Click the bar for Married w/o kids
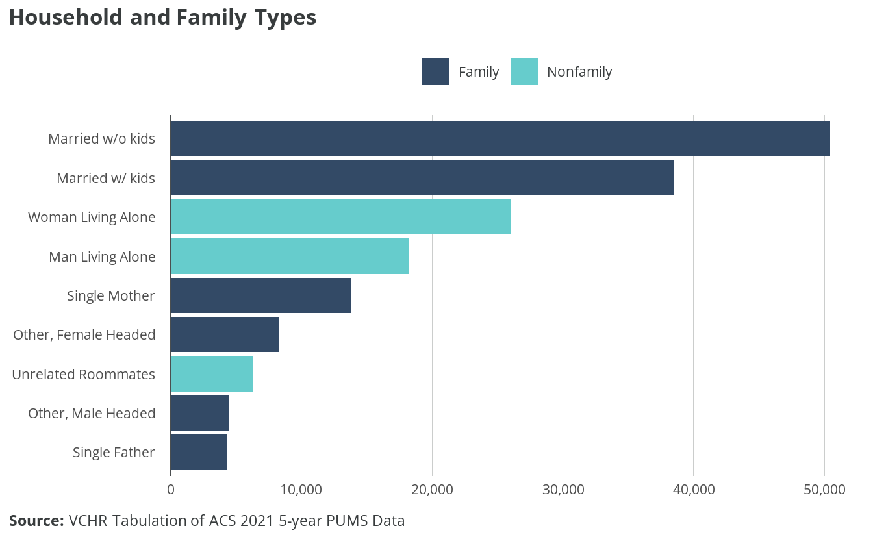(500, 138)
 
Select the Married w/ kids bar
(422, 178)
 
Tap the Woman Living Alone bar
(340, 217)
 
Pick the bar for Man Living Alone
(290, 257)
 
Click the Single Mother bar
(260, 295)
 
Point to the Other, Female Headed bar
(224, 334)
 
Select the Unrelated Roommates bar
(212, 374)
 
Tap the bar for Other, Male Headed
(199, 413)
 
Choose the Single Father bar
(199, 452)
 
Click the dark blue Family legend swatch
(435, 71)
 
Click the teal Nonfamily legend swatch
(524, 71)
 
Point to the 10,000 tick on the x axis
(301, 489)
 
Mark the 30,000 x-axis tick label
(563, 489)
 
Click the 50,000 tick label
(824, 489)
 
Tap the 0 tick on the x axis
(171, 489)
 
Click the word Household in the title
(66, 18)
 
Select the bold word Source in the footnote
(36, 520)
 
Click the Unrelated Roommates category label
(84, 374)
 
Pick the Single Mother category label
(111, 295)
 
